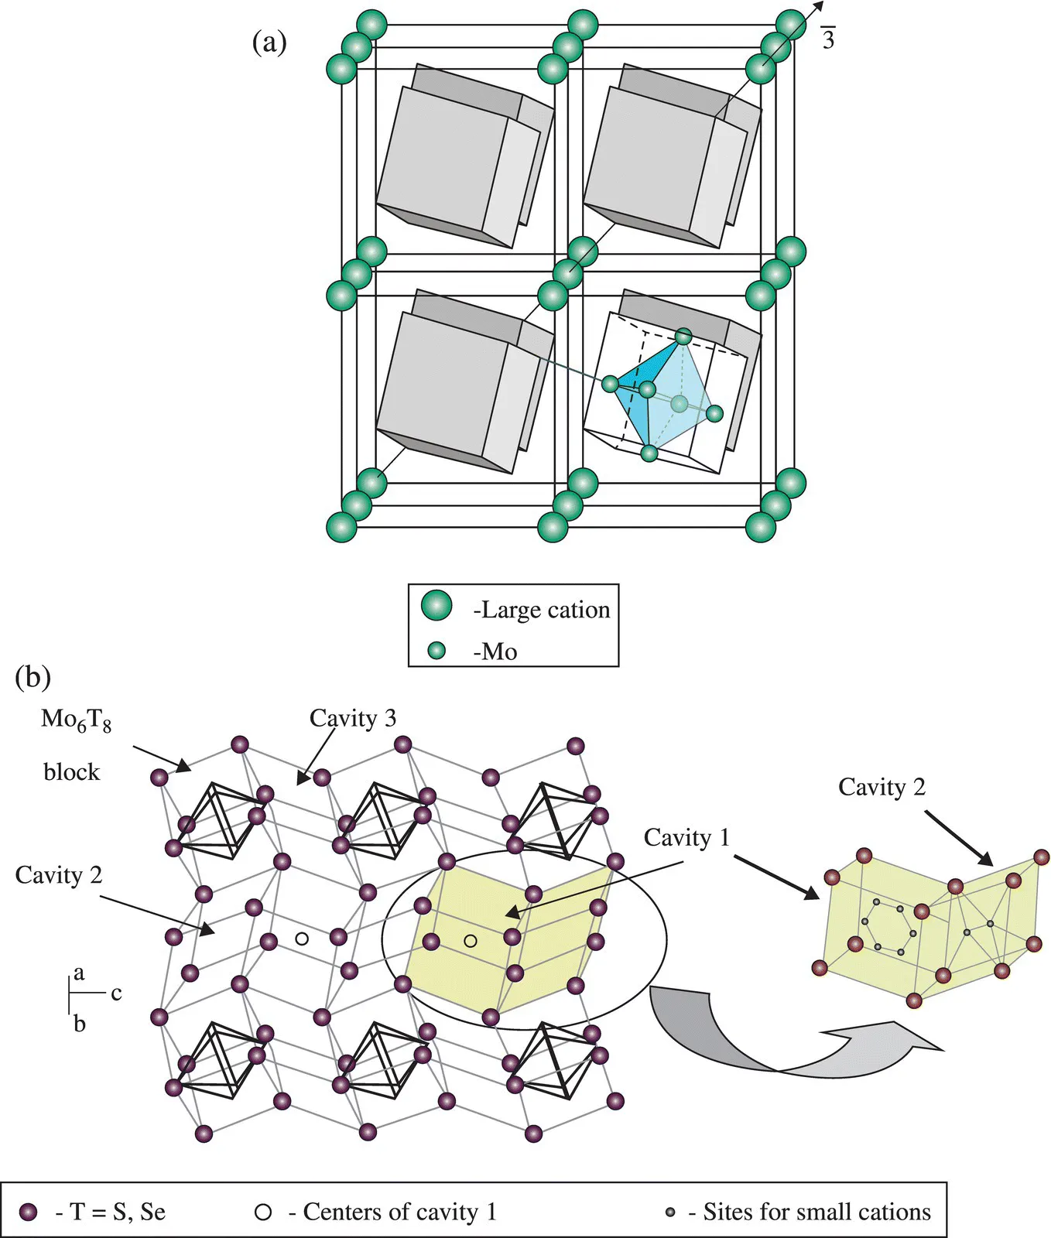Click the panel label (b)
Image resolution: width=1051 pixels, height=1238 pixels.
point(33,677)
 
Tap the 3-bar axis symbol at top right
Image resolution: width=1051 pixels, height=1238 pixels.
point(828,39)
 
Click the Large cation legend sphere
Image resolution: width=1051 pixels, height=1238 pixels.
point(436,606)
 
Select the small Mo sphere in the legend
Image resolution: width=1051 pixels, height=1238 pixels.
point(437,651)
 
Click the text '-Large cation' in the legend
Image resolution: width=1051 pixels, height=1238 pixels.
point(542,610)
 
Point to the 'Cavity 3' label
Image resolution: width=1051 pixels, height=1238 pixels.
point(353,718)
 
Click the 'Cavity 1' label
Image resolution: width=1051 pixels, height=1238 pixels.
point(686,837)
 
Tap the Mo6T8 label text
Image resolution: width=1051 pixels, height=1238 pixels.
point(76,720)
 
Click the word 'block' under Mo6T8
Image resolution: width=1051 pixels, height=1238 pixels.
point(71,772)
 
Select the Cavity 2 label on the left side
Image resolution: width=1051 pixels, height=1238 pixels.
point(59,875)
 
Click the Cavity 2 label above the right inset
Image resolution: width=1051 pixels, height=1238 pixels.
point(882,787)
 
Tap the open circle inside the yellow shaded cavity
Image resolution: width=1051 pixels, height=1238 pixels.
point(471,941)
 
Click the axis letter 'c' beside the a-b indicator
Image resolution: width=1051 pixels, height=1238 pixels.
point(116,993)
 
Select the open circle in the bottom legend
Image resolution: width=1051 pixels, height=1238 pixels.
point(263,1212)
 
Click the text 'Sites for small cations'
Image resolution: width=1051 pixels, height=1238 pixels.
point(816,1212)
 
